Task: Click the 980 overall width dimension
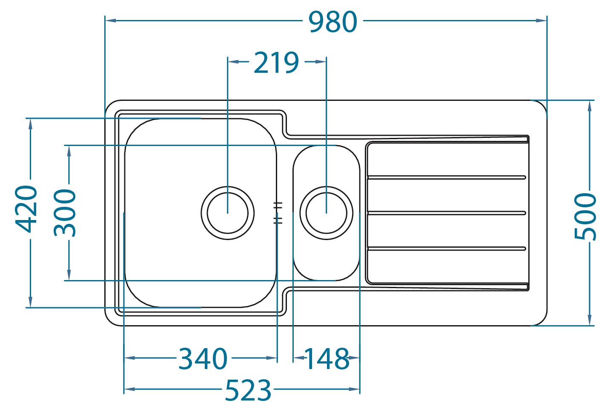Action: pyautogui.click(x=332, y=22)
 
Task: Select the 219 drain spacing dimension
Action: pyautogui.click(x=276, y=63)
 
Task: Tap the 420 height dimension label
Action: pyautogui.click(x=26, y=209)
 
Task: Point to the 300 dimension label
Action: pyautogui.click(x=65, y=212)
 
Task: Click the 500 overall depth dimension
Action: pyautogui.click(x=585, y=216)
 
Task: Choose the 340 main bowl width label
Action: pyautogui.click(x=203, y=359)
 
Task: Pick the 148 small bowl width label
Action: pyautogui.click(x=327, y=359)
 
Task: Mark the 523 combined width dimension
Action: pyautogui.click(x=248, y=390)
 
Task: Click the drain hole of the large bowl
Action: pyautogui.click(x=228, y=213)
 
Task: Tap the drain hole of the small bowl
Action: pyautogui.click(x=327, y=213)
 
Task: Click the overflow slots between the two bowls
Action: pyautogui.click(x=278, y=213)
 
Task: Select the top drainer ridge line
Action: pyautogui.click(x=447, y=177)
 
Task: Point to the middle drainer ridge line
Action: pyautogui.click(x=447, y=213)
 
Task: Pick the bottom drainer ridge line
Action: pyautogui.click(x=447, y=249)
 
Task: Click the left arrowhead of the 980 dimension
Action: pyautogui.click(x=110, y=20)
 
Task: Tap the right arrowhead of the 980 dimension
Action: pyautogui.click(x=541, y=20)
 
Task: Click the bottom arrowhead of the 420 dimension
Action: pyautogui.click(x=30, y=302)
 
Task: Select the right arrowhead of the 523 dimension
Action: pyautogui.click(x=354, y=389)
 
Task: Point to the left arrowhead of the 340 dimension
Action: pyautogui.click(x=129, y=358)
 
